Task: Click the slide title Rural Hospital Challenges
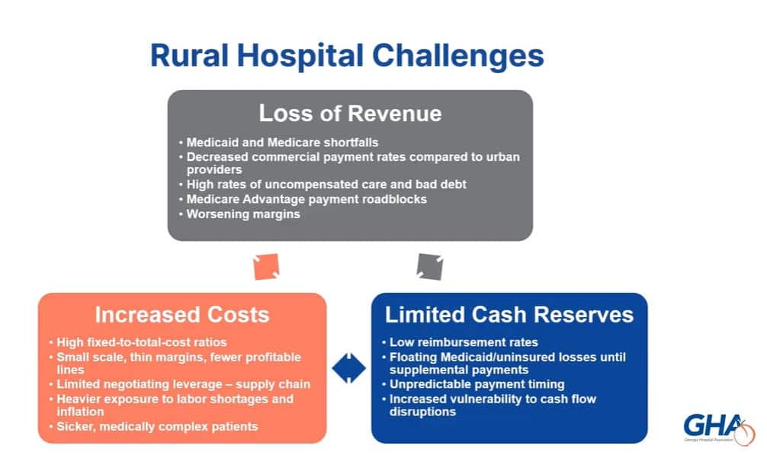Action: pos(347,56)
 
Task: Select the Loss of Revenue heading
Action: pos(350,114)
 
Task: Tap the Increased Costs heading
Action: pos(182,315)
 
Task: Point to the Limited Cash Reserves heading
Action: pos(509,315)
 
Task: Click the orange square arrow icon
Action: pos(266,267)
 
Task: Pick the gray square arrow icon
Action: pos(430,267)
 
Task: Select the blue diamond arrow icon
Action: pos(348,368)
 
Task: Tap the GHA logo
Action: pos(719,428)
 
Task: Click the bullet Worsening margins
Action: pos(243,214)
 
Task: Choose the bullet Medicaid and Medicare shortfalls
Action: pos(282,143)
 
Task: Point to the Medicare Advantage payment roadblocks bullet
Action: pos(306,200)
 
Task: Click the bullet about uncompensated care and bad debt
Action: pos(326,184)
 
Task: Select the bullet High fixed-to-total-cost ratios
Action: pos(142,342)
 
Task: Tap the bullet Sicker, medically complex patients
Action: pos(157,427)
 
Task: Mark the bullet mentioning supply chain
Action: pos(184,384)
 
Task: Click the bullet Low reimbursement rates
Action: pos(464,342)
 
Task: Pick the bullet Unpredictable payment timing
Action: pos(477,384)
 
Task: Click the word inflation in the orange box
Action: pos(80,412)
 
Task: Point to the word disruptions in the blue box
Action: pos(422,412)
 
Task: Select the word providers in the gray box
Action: pos(214,170)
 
